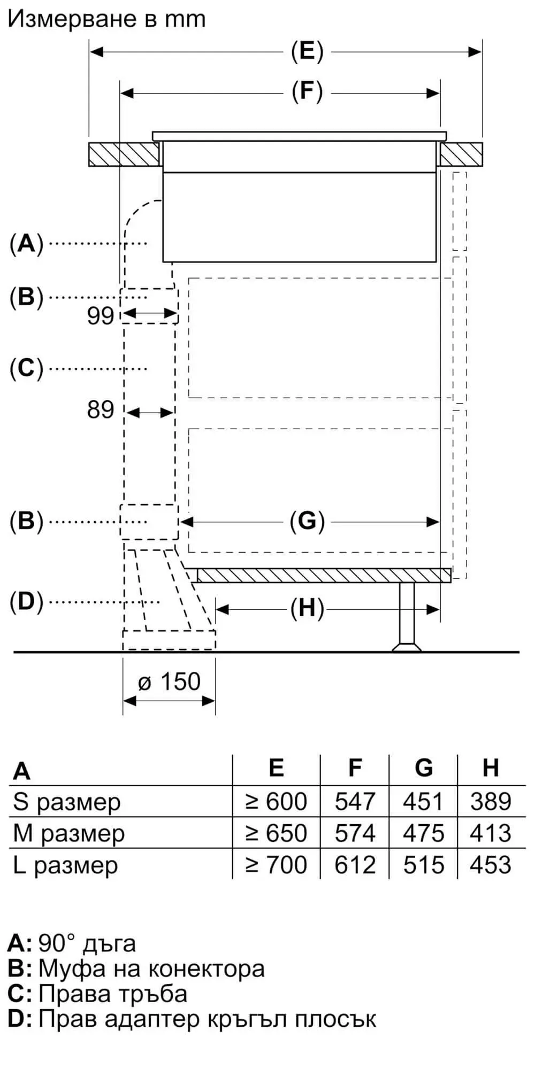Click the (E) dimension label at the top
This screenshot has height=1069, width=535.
[307, 51]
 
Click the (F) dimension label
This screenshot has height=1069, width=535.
[307, 92]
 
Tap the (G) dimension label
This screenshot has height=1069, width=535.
[307, 521]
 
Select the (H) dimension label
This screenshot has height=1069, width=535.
[307, 609]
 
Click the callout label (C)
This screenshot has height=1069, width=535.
[26, 368]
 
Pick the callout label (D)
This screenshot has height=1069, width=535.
[26, 602]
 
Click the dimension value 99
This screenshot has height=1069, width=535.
[101, 316]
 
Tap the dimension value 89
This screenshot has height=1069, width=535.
[101, 410]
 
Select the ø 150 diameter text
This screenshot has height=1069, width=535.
[169, 682]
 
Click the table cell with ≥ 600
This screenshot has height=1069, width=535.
[276, 802]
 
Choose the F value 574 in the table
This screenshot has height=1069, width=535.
[355, 833]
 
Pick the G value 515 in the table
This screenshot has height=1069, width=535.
[423, 865]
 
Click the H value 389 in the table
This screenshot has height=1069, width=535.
[491, 802]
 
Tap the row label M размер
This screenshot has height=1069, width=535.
[68, 833]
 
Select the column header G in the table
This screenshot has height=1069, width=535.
[423, 768]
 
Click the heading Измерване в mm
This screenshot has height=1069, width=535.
[106, 19]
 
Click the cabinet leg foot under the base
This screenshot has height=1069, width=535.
[407, 647]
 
